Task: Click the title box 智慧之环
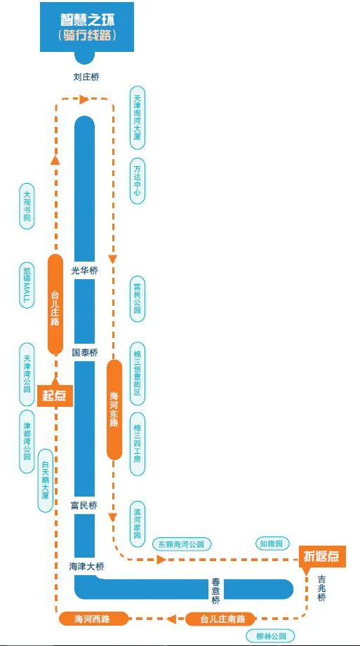pos(86,27)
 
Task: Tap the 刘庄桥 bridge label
pos(86,76)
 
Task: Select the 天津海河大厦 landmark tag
pos(138,118)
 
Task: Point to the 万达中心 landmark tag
pos(138,181)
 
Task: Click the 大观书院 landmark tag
pos(27,206)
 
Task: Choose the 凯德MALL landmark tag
pos(27,285)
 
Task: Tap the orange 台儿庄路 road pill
pos(55,304)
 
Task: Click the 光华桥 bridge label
pos(85,271)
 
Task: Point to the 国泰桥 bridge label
pos(85,353)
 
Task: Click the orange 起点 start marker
pos(55,396)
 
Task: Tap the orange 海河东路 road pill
pos(114,410)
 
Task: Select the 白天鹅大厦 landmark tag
pos(46,480)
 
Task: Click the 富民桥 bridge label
pos(84,505)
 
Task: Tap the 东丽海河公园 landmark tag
pos(182,544)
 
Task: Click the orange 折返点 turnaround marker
pos(321,557)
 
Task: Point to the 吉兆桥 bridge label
pos(322,588)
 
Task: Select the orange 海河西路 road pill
pos(93,619)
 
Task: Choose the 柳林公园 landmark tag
pos(270,635)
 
